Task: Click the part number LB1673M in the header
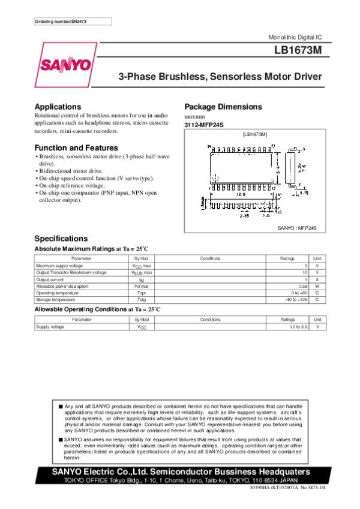pos(296,51)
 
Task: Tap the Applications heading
pos(58,107)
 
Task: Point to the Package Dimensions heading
pos(223,107)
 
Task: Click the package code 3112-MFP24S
pos(204,125)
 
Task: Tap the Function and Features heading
pos(76,147)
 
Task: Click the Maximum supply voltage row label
pos(60,265)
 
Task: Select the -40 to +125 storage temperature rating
pos(296,299)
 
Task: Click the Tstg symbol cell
pos(142,299)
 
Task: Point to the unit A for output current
pos(316,279)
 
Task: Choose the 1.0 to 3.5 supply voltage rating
pos(298,327)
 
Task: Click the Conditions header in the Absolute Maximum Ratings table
pos(210,258)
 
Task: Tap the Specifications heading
pos(61,238)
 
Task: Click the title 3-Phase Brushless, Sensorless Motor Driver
pos(220,77)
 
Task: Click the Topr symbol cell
pos(142,293)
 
